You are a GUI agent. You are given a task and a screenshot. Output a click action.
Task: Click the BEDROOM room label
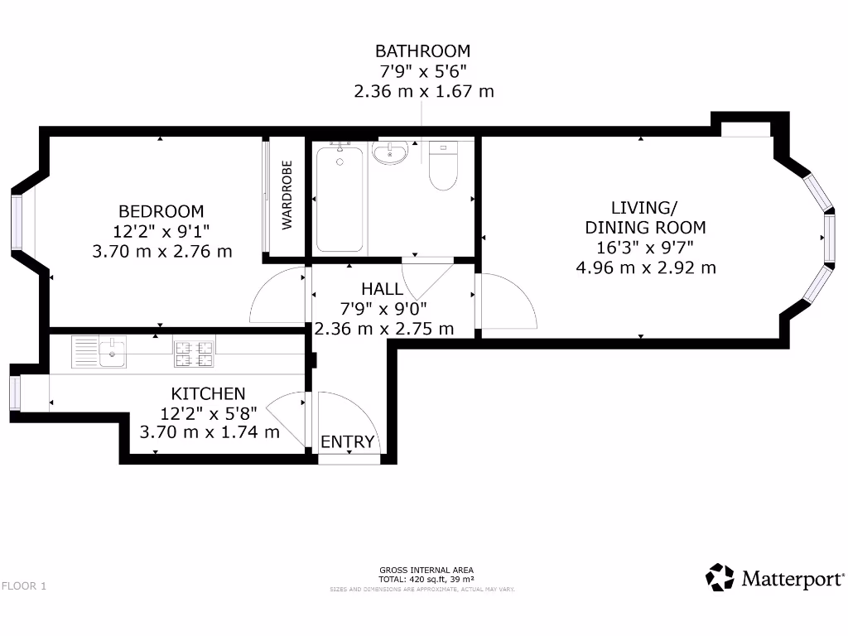(161, 211)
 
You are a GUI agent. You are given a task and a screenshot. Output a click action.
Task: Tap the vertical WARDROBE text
(287, 195)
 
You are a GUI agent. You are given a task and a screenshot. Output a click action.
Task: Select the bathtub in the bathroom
(340, 197)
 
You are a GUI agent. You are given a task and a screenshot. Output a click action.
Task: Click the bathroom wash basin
(389, 152)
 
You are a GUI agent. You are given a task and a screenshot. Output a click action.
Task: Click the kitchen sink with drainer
(99, 351)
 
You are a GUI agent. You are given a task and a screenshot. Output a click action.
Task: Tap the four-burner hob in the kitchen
(194, 354)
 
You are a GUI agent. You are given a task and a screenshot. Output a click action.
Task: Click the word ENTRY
(348, 442)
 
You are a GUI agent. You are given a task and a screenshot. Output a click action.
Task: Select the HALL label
(383, 289)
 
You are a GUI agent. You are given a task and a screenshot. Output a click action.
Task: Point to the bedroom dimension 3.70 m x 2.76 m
(162, 251)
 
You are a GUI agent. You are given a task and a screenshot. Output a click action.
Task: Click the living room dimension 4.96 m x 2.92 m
(646, 267)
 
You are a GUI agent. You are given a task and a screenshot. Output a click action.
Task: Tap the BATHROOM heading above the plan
(422, 51)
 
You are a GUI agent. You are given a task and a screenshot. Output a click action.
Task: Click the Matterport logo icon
(720, 577)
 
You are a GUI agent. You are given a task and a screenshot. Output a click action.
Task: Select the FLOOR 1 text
(24, 586)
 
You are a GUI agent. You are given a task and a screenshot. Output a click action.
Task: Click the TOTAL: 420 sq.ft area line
(426, 579)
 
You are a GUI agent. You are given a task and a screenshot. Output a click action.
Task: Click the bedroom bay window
(16, 221)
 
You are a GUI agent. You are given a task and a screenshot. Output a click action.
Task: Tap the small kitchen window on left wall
(14, 393)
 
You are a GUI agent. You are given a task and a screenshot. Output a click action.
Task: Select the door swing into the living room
(505, 302)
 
